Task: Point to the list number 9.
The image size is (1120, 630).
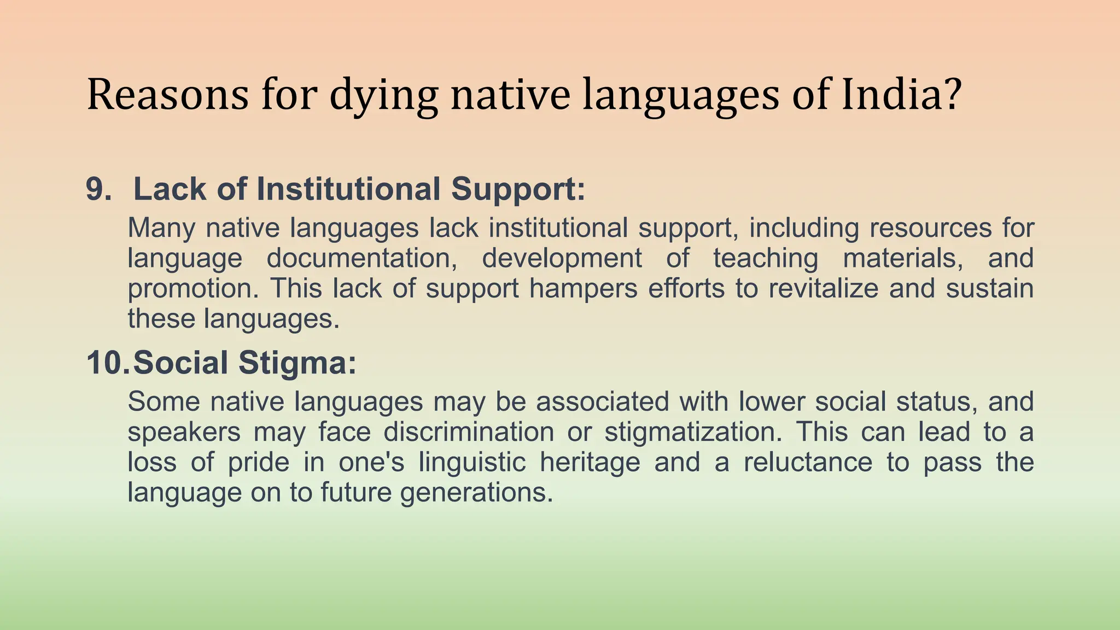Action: tap(99, 189)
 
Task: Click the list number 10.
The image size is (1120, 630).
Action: tap(108, 363)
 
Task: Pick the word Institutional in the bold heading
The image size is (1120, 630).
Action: tap(348, 189)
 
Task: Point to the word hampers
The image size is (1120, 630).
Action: tap(583, 289)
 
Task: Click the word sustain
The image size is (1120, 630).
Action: tap(990, 288)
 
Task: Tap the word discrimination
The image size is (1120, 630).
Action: tap(469, 431)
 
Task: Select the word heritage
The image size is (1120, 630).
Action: tap(590, 463)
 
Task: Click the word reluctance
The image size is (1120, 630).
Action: tap(808, 462)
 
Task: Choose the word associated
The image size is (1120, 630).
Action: tap(602, 401)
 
